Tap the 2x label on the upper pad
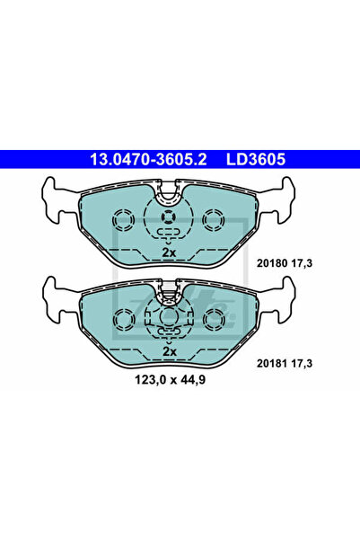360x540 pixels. [168, 253]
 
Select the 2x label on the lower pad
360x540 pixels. [168, 353]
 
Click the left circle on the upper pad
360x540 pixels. [123, 219]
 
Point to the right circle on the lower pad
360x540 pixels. [214, 319]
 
